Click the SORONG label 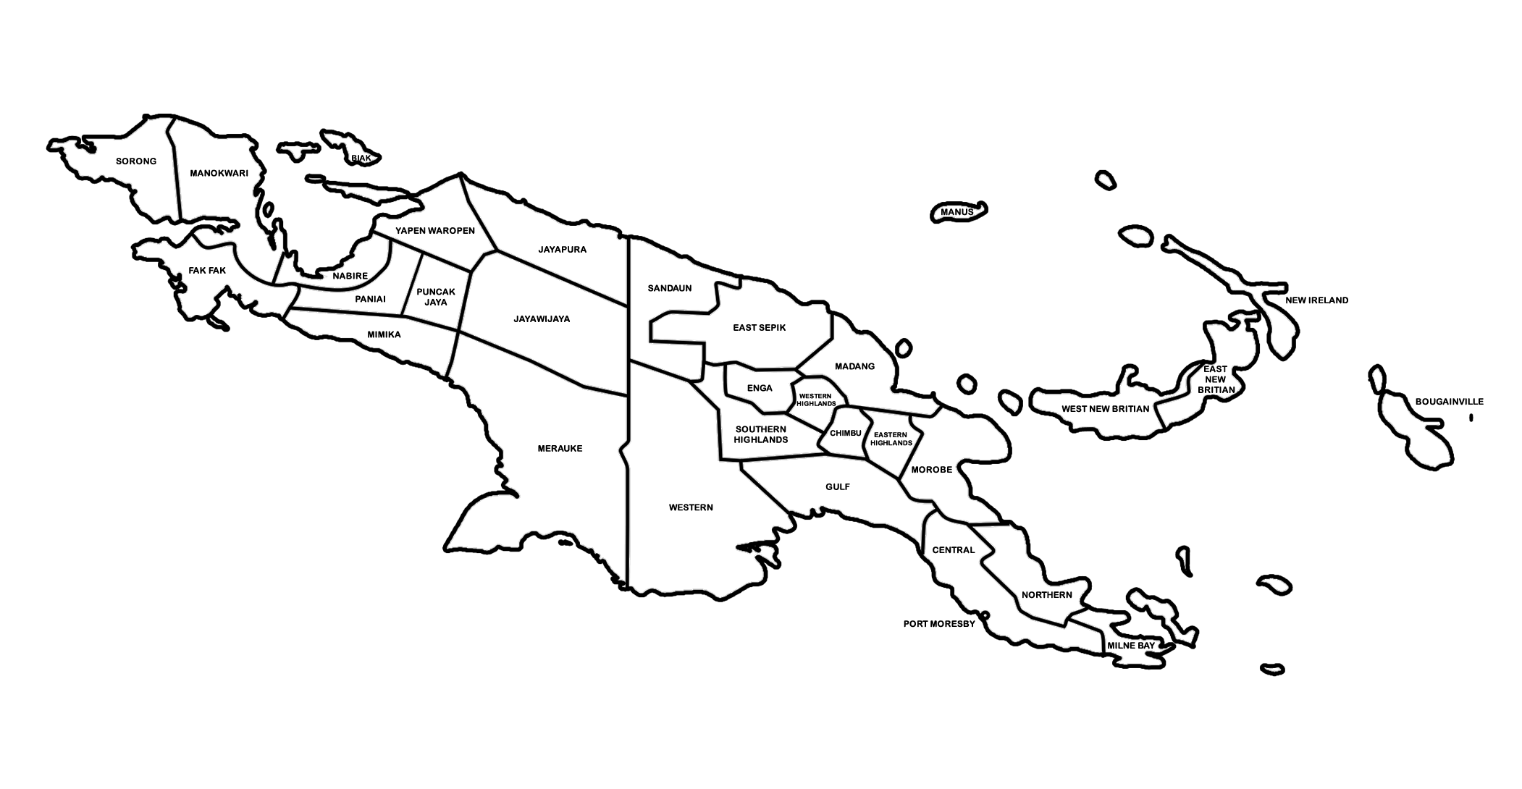point(136,161)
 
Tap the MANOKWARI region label point(219,174)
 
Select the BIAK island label point(361,158)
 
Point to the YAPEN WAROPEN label point(434,231)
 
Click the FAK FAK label point(207,271)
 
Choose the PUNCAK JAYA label point(436,297)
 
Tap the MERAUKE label point(560,449)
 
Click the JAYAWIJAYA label point(542,318)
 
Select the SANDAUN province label point(669,288)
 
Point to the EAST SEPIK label point(759,328)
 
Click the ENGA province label point(760,389)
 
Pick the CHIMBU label point(845,434)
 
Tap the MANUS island point(957,212)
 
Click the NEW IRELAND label point(1316,300)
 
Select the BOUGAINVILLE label point(1449,402)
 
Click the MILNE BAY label point(1131,645)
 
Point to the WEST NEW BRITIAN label point(1105,409)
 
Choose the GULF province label point(838,487)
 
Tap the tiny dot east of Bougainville point(1471,418)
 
